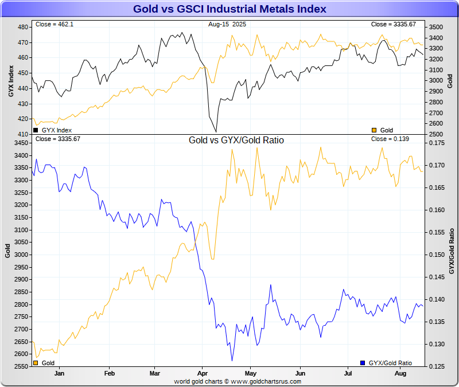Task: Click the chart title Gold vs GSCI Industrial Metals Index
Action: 229,9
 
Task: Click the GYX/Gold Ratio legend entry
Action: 390,363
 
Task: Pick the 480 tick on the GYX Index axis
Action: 23,28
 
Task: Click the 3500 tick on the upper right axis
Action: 436,28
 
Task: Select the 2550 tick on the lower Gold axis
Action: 21,366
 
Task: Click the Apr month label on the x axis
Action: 201,373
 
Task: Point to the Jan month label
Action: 59,373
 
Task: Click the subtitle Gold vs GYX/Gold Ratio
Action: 236,140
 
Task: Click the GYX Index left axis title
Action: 10,80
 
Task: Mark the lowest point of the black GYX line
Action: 216,132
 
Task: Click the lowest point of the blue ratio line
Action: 232,361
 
